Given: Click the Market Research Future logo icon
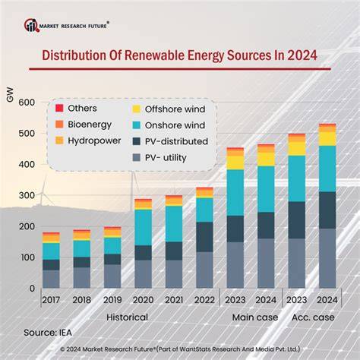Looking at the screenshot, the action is (32, 25).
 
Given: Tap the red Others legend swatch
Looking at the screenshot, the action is (59, 109).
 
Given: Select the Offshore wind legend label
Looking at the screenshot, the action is (175, 109).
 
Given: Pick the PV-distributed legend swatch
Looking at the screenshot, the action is (137, 141).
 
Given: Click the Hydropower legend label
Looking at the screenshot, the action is (94, 141).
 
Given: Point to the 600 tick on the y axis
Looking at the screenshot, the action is (27, 103).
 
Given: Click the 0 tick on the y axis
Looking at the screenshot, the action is (32, 288).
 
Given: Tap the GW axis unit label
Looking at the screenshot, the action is (10, 94).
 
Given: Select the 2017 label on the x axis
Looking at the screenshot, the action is (51, 300).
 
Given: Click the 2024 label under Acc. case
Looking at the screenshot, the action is (327, 300).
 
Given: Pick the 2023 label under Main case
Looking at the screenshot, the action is (235, 300).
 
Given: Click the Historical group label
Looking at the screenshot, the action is (127, 317).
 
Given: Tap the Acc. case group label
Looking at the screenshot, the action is (313, 317).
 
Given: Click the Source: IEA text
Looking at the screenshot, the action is (48, 333).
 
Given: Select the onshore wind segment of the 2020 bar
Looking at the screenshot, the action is (144, 228).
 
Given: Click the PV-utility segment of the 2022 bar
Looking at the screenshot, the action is (204, 270).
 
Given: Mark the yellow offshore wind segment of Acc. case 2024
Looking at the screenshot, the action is (327, 139).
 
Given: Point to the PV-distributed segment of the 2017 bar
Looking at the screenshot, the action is (51, 265).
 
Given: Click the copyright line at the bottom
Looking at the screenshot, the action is (180, 349).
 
